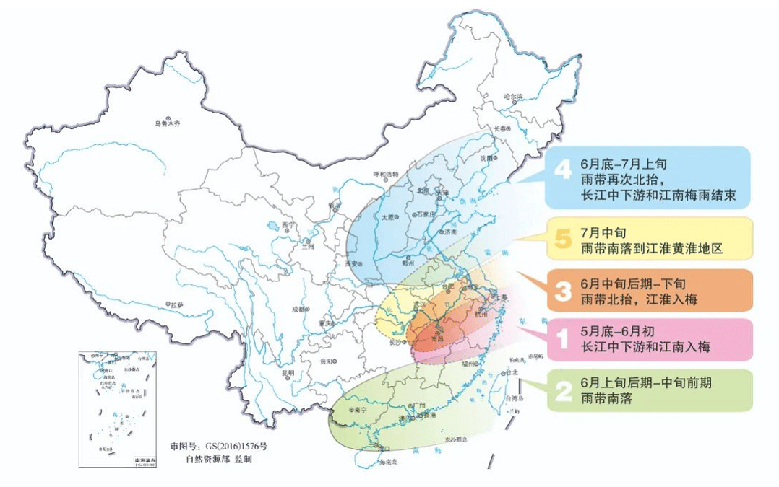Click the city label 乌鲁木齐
tap(166, 123)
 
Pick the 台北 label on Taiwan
tap(512, 373)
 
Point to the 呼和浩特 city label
tap(385, 174)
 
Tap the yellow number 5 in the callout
tap(563, 239)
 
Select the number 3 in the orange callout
tap(563, 291)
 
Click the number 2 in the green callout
tap(563, 390)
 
